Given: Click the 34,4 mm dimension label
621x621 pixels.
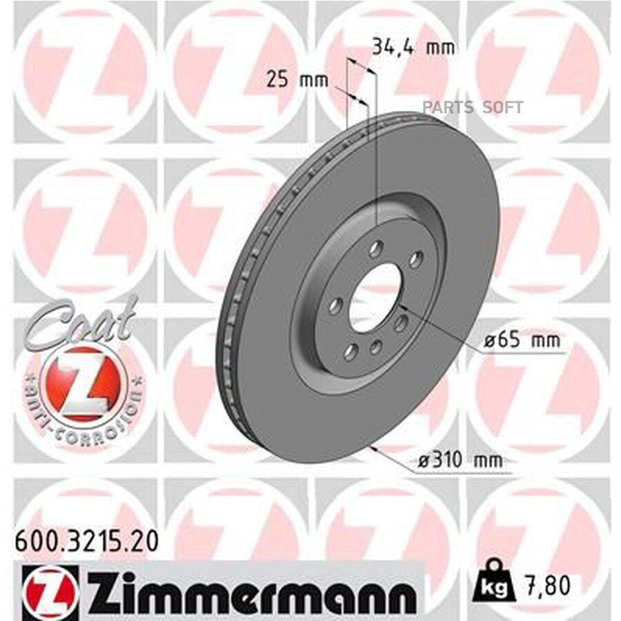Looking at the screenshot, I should [x=413, y=48].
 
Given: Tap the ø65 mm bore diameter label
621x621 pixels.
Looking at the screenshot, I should [x=522, y=340].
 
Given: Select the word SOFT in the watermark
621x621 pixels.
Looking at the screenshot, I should [x=502, y=107].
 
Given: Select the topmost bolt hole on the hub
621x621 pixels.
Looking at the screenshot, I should [x=376, y=250].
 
